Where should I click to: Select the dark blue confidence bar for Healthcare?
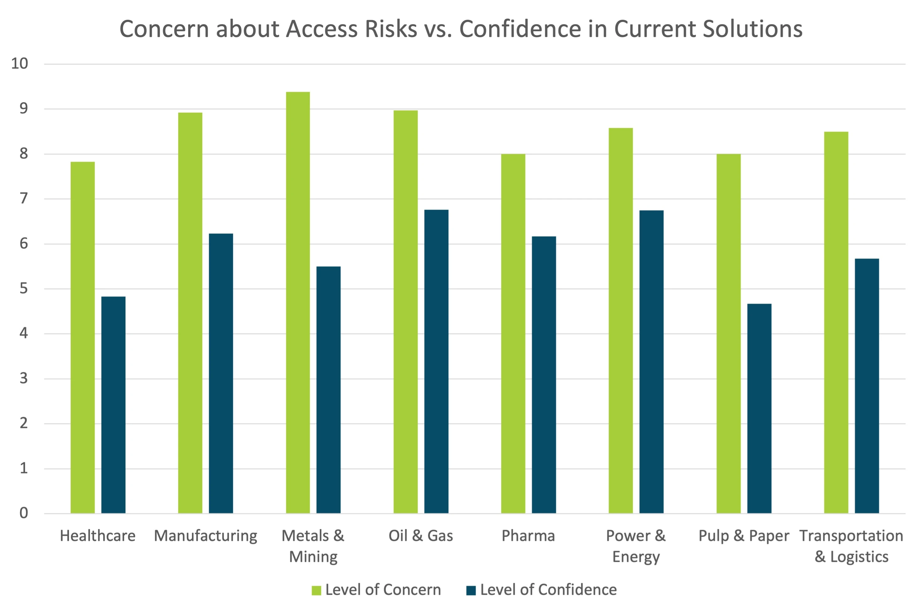[113, 405]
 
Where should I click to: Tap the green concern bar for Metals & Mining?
[298, 302]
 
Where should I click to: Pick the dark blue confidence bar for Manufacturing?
[221, 373]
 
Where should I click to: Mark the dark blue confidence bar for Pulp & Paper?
[759, 408]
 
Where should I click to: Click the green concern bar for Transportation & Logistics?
[836, 322]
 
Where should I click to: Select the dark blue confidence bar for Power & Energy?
[651, 362]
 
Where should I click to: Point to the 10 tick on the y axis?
[20, 64]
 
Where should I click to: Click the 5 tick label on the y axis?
[24, 289]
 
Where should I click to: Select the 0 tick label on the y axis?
[24, 513]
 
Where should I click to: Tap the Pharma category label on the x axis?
[528, 536]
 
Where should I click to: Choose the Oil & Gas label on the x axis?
[420, 536]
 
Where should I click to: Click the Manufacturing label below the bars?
[206, 536]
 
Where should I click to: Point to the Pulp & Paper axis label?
[744, 536]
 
